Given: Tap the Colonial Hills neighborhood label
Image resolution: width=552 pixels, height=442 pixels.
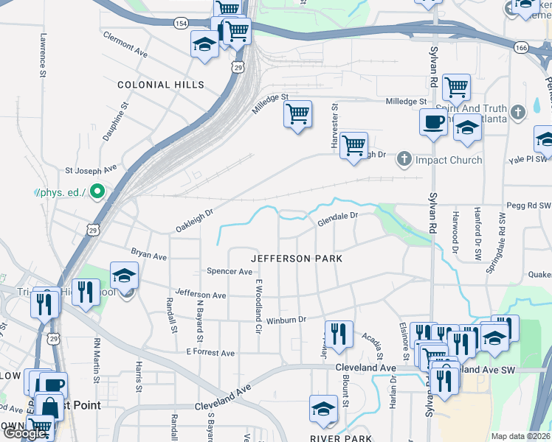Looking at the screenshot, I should point(162,85).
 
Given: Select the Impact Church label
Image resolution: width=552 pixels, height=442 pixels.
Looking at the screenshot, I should point(448,160).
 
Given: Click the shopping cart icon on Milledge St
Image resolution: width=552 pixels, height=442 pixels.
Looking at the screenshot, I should point(297,114).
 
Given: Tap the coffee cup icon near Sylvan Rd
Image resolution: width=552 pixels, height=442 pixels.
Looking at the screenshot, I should point(432,122).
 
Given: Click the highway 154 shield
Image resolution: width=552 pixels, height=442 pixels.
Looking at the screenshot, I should point(180,24).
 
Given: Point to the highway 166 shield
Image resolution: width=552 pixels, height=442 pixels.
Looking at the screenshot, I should point(521,47).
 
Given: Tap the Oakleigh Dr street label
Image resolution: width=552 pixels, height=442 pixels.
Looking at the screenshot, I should point(194,220).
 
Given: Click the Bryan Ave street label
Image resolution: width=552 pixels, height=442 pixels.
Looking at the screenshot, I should point(149,254).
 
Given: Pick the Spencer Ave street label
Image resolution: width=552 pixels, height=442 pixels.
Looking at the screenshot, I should point(230,272).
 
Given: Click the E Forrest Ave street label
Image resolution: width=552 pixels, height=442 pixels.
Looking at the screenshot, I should point(210,354).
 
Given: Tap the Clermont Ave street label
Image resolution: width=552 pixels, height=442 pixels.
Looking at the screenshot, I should point(125,45).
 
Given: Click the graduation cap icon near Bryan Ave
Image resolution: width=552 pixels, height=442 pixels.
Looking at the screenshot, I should point(124,276).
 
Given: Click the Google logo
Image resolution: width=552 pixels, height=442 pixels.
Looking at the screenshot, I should point(24,434).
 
